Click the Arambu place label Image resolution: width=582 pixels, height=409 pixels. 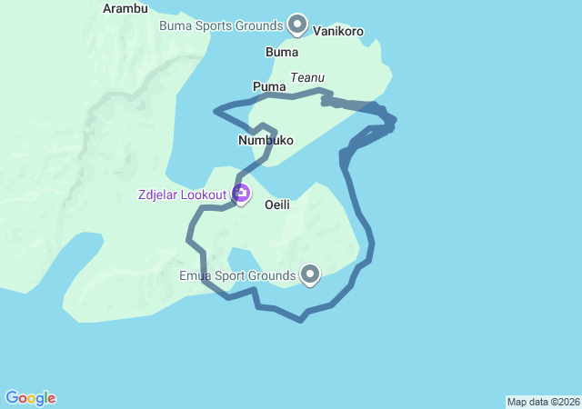click(125, 8)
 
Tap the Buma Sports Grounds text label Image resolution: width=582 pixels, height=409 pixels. click(221, 25)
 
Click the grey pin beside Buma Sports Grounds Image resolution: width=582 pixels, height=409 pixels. click(297, 24)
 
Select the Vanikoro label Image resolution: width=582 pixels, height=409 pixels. click(338, 31)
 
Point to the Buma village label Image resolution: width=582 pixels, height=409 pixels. click(281, 52)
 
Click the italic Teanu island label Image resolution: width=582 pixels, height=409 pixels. click(307, 78)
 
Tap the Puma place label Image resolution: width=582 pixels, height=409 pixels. click(269, 87)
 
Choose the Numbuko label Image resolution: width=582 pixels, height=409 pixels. click(265, 141)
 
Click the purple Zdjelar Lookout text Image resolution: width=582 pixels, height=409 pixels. click(182, 195)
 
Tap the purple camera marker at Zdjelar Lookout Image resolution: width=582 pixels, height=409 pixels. click(241, 193)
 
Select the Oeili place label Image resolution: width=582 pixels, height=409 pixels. click(277, 205)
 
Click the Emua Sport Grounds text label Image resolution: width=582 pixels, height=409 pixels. click(236, 275)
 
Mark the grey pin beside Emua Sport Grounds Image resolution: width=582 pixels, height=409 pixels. click(310, 273)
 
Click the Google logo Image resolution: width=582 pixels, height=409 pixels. click(31, 398)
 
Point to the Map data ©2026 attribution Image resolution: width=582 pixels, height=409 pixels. click(543, 402)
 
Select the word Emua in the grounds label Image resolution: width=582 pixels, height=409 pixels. click(195, 275)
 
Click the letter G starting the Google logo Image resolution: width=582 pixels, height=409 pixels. click(12, 398)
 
